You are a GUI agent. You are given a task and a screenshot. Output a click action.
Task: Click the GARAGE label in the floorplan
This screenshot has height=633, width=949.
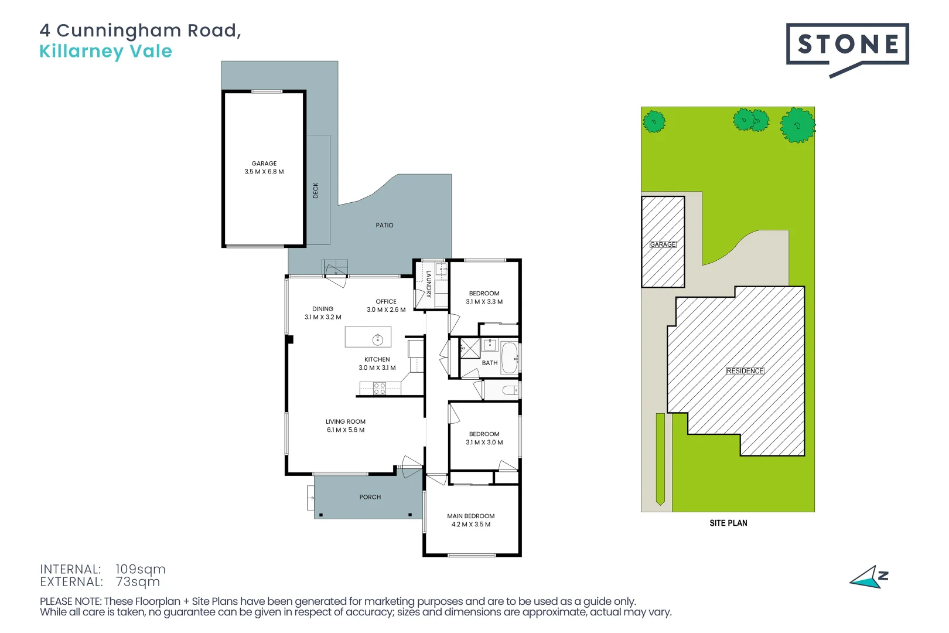coord(264,164)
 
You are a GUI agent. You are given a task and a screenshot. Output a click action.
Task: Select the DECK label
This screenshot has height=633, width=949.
coord(316,190)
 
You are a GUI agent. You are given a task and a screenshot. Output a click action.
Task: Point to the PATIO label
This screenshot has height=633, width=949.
coord(384,225)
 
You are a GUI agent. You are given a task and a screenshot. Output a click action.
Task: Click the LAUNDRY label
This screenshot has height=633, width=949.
coord(429,284)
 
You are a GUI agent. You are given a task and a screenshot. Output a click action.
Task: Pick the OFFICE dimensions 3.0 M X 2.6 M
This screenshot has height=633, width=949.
coord(386,309)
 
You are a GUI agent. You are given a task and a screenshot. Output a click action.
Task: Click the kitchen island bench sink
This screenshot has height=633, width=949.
coord(378,339)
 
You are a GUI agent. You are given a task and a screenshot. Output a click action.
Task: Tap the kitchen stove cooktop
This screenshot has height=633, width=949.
coord(380,387)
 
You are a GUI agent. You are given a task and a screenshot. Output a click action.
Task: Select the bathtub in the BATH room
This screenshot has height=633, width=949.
coord(509,358)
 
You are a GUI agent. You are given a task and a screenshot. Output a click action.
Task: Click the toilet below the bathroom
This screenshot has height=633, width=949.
coord(510,390)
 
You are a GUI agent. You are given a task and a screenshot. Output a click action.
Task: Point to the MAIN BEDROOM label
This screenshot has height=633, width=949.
coord(470,516)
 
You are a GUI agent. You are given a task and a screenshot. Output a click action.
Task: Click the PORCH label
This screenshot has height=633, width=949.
coord(370,497)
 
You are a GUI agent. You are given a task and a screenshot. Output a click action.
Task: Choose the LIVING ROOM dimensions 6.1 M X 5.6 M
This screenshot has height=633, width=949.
coord(346,430)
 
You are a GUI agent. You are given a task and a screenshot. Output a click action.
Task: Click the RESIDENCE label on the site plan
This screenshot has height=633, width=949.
coord(745,371)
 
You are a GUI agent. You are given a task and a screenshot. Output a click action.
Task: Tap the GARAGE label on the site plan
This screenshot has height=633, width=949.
coord(663,244)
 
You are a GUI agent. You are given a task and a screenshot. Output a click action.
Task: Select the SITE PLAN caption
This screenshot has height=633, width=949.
coord(728,523)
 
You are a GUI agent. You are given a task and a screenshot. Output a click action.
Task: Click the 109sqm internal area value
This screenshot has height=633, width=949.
coord(140,569)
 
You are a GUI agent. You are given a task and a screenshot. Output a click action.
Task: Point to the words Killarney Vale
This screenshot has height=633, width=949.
coord(105,52)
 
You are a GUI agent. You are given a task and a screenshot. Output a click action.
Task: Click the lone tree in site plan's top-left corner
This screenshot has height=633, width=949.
coord(654,122)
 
